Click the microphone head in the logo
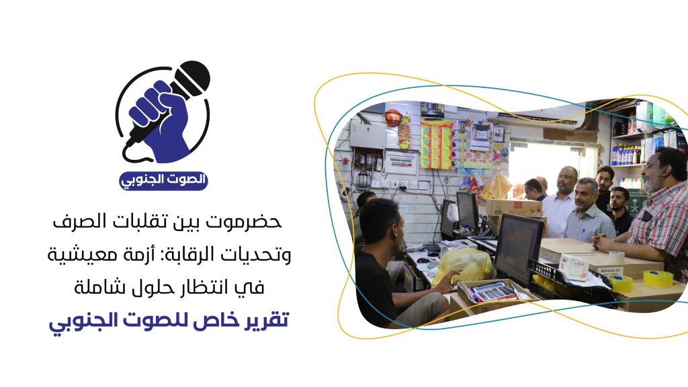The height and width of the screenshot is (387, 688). [192, 78]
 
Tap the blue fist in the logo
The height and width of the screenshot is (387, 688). [159, 120]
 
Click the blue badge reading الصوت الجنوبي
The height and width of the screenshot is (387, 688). [163, 180]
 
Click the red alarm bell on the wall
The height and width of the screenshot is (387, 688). [392, 117]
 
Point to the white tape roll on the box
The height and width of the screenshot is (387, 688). [617, 257]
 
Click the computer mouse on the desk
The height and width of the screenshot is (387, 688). [423, 260]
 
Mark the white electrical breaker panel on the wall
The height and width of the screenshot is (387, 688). [400, 163]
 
